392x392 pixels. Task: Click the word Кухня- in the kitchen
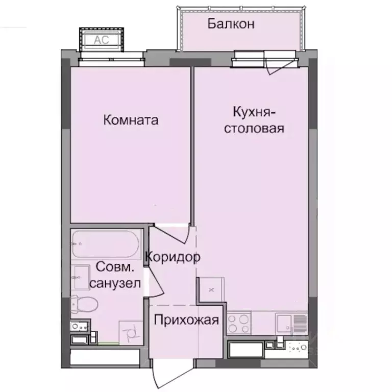(254, 111)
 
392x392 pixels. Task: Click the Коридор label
(173, 257)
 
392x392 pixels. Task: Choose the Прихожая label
(186, 321)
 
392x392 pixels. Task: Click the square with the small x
(211, 289)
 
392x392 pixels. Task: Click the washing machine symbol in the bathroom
(129, 332)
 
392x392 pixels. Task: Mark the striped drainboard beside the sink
(299, 323)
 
